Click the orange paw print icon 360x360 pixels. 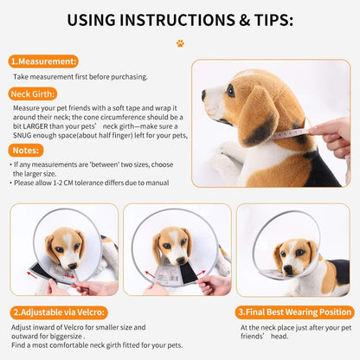[x=180, y=43]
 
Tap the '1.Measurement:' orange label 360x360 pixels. [x=43, y=61]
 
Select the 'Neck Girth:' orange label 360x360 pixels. [x=33, y=94]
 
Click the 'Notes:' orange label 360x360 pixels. [x=26, y=151]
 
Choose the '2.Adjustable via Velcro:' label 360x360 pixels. [x=59, y=312]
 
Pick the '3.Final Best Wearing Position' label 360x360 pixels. [x=294, y=312]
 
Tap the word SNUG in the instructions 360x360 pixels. [x=22, y=136]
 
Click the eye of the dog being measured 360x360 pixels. [x=231, y=91]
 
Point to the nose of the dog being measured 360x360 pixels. [x=203, y=95]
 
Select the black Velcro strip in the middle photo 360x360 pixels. [x=189, y=274]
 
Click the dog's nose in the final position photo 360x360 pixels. [x=288, y=270]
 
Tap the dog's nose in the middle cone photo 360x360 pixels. [x=181, y=260]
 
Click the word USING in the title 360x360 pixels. [x=91, y=20]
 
